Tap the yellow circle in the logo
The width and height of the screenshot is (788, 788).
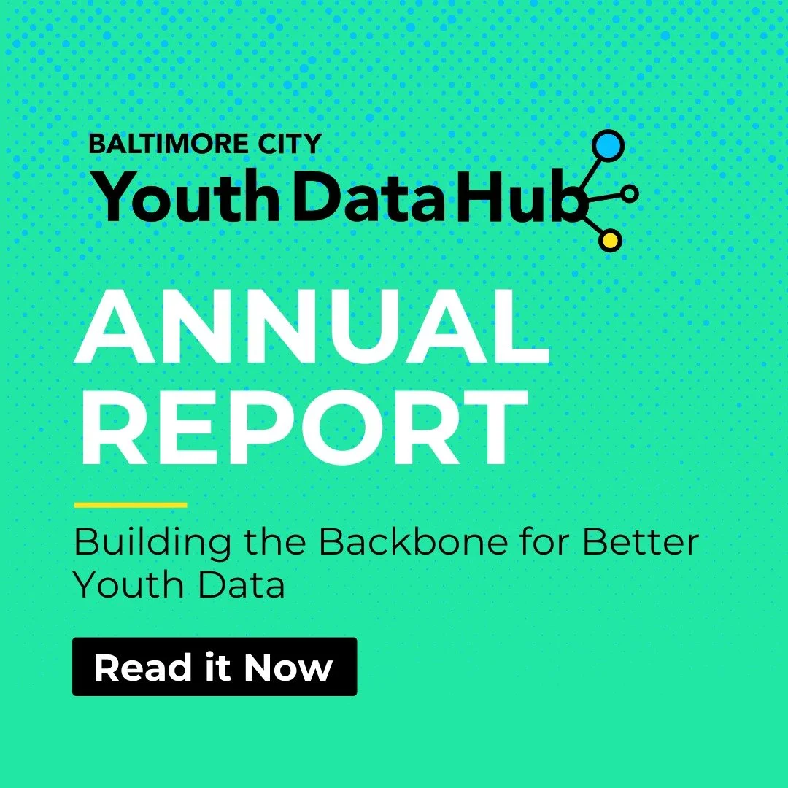(611, 239)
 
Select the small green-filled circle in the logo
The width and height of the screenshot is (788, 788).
(630, 193)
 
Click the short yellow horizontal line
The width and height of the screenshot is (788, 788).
(131, 504)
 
